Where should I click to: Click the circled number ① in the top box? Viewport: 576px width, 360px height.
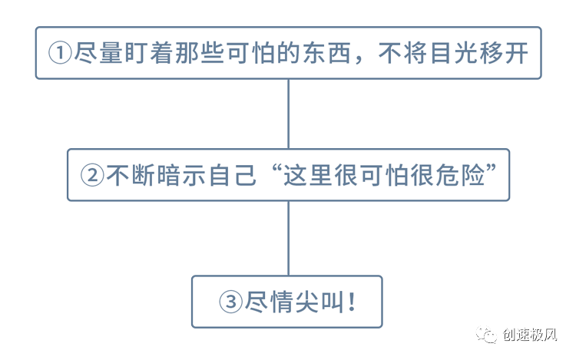[x=60, y=53]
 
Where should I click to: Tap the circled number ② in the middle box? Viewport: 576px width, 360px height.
[x=92, y=176]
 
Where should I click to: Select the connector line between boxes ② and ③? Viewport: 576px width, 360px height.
[x=288, y=238]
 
